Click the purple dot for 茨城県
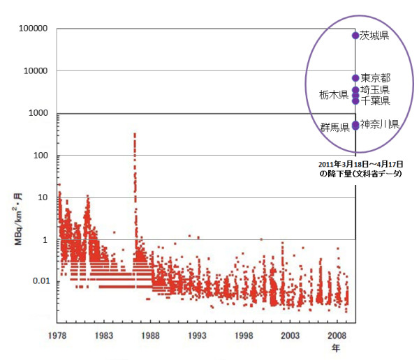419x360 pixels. tap(355, 36)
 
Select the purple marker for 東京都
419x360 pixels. tap(355, 78)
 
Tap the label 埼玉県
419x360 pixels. tap(374, 90)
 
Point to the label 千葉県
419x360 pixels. tap(375, 100)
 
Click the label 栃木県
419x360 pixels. tap(334, 95)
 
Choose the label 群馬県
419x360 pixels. tap(335, 128)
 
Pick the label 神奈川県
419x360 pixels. tap(379, 124)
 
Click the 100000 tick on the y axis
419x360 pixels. tap(33, 29)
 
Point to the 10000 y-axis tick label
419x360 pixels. tap(36, 70)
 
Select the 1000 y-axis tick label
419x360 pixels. tap(38, 113)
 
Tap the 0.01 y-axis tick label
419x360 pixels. tap(41, 281)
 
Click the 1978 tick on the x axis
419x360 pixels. tap(57, 336)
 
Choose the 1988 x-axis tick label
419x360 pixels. tap(150, 336)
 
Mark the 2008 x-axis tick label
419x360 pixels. tap(337, 336)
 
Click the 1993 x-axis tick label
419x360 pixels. tap(197, 336)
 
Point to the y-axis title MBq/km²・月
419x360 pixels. tap(18, 219)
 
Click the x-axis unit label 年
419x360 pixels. tap(336, 348)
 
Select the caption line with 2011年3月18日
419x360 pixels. tap(361, 164)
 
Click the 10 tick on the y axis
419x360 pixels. tap(43, 197)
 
